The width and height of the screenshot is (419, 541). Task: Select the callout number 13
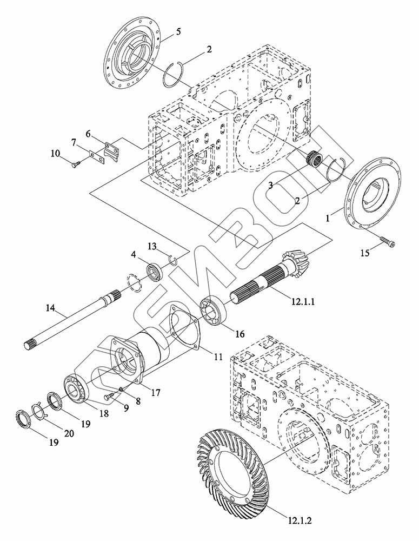[x=152, y=247]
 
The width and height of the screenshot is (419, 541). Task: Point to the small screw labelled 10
[x=76, y=160]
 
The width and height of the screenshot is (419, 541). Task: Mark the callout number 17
[x=156, y=393]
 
